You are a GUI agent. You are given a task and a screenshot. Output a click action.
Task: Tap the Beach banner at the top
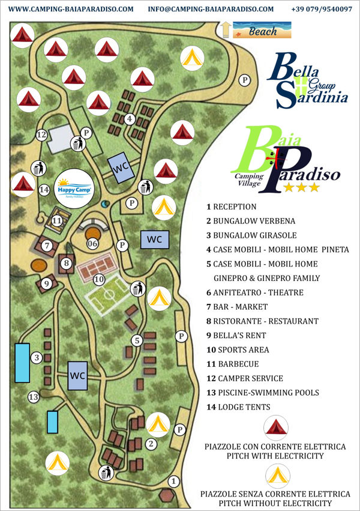click(x=262, y=30)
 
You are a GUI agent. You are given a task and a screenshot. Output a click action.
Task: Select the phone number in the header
click(x=321, y=9)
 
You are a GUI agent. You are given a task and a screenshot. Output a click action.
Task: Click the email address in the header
click(x=210, y=9)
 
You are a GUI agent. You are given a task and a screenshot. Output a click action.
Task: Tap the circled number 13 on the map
click(x=34, y=396)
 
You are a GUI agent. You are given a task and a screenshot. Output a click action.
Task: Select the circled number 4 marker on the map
click(x=129, y=119)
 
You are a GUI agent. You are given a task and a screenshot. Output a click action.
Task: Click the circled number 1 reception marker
click(x=173, y=480)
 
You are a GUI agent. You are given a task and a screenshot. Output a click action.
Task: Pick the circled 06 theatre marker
click(x=92, y=243)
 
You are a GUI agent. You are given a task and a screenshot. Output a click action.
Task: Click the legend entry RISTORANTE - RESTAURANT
click(x=262, y=321)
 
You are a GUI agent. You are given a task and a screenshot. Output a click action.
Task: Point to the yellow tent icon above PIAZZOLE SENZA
click(x=275, y=475)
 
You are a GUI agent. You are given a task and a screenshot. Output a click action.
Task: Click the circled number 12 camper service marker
click(x=41, y=135)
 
